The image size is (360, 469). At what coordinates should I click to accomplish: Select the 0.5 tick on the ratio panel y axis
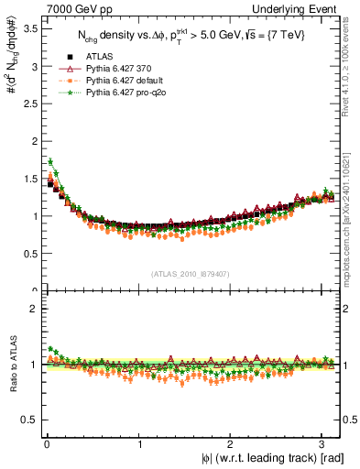(x=29, y=420)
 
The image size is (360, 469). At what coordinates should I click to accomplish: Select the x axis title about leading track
(x=274, y=459)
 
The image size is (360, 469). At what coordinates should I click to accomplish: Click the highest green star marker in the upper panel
(x=50, y=161)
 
